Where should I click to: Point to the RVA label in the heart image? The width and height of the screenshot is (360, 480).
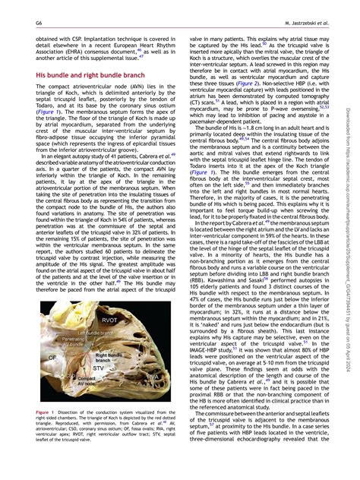tap(153, 375)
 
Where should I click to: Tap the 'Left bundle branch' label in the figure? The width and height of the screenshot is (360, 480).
tap(89, 333)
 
